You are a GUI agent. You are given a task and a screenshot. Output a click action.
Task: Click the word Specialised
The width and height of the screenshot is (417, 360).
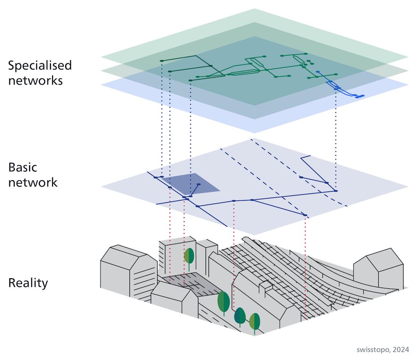pyautogui.click(x=40, y=65)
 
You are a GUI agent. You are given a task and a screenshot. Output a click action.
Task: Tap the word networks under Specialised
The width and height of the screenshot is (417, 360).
pyautogui.click(x=35, y=80)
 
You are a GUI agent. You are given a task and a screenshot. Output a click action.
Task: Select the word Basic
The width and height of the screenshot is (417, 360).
pyautogui.click(x=23, y=167)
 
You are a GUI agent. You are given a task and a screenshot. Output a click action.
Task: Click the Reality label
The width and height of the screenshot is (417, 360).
pyautogui.click(x=28, y=283)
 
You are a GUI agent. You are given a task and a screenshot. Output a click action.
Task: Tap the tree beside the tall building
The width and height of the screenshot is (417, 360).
pyautogui.click(x=189, y=257)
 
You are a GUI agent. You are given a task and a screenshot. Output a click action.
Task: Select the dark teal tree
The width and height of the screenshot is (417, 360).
pyautogui.click(x=240, y=316)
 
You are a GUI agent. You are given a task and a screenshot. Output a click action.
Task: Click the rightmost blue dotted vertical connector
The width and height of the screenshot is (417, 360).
pyautogui.click(x=336, y=138)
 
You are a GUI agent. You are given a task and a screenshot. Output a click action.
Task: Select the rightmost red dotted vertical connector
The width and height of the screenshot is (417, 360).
pyautogui.click(x=305, y=264)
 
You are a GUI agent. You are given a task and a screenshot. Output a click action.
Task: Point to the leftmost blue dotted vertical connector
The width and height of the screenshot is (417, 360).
pyautogui.click(x=162, y=118)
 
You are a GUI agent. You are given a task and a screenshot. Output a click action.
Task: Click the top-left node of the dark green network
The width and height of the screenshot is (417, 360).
pyautogui.click(x=162, y=61)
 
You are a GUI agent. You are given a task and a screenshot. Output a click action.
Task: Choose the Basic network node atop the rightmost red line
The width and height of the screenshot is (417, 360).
pyautogui.click(x=305, y=215)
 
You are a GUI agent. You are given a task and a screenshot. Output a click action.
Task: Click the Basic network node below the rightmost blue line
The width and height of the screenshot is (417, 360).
pyautogui.click(x=336, y=190)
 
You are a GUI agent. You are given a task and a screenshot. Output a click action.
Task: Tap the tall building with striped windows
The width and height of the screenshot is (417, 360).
pyautogui.click(x=171, y=260)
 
